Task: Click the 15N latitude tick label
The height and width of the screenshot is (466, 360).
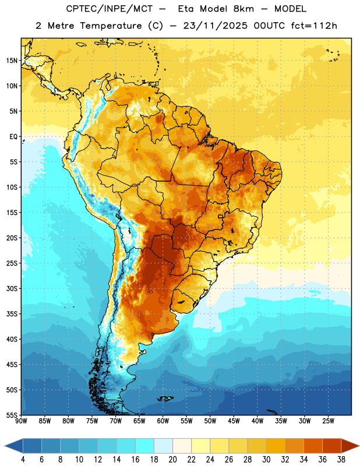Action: tap(12, 61)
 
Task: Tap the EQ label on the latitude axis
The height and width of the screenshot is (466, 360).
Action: tap(13, 137)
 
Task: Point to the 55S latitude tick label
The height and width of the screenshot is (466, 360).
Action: tap(12, 415)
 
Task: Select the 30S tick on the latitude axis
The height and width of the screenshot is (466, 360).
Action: tap(12, 288)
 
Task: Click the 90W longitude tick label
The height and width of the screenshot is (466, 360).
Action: tap(21, 421)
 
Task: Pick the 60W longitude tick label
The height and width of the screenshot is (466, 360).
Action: tap(163, 421)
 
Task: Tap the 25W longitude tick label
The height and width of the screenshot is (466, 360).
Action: tap(328, 421)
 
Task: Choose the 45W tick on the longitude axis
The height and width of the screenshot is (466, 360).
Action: tap(234, 421)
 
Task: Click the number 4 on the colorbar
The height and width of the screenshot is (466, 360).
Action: tap(23, 460)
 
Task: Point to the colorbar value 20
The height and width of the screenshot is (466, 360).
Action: tap(172, 460)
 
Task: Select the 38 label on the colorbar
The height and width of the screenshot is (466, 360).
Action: tap(341, 460)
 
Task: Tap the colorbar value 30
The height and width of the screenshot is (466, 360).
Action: tap(266, 460)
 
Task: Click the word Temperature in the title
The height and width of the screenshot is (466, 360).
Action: tap(111, 26)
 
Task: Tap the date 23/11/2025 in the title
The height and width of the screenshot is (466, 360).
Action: tap(216, 26)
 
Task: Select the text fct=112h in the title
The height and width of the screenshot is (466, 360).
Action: tap(314, 26)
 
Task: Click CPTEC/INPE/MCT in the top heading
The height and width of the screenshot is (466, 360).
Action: tap(110, 9)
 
